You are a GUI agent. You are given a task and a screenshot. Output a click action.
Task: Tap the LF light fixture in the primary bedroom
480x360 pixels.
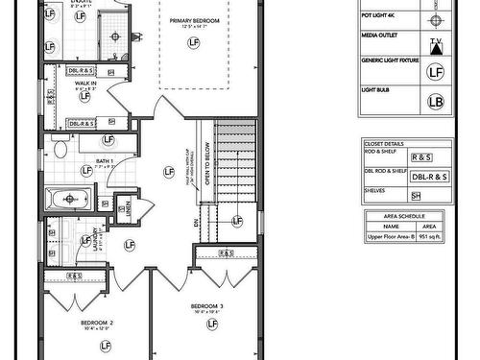[194, 44]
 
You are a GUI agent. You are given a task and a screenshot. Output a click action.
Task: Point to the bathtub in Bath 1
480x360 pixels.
[68, 201]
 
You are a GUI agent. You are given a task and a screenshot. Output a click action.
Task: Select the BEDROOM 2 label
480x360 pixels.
[97, 323]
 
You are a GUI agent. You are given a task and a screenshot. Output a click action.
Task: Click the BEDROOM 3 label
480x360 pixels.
[207, 306]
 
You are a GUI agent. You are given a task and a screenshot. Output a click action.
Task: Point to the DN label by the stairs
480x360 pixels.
[197, 222]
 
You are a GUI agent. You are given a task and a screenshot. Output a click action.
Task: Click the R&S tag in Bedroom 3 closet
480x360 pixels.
[227, 252]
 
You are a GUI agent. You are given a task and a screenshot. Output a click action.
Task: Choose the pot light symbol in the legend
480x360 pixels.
[437, 20]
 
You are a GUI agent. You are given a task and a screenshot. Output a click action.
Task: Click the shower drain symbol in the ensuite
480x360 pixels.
[114, 36]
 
